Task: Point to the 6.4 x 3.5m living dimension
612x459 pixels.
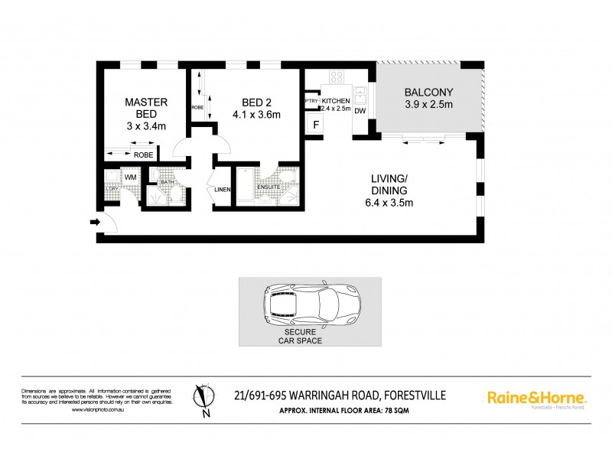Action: coord(389,203)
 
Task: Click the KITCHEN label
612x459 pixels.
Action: coord(335,101)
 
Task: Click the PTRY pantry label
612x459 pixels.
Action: coord(311,101)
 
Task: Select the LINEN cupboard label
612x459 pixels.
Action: coord(223,190)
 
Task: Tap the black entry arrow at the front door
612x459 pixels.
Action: coord(95,223)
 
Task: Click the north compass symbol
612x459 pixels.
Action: coord(203,399)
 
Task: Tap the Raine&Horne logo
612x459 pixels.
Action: coord(537,398)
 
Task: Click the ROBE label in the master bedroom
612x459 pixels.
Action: coord(143,155)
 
